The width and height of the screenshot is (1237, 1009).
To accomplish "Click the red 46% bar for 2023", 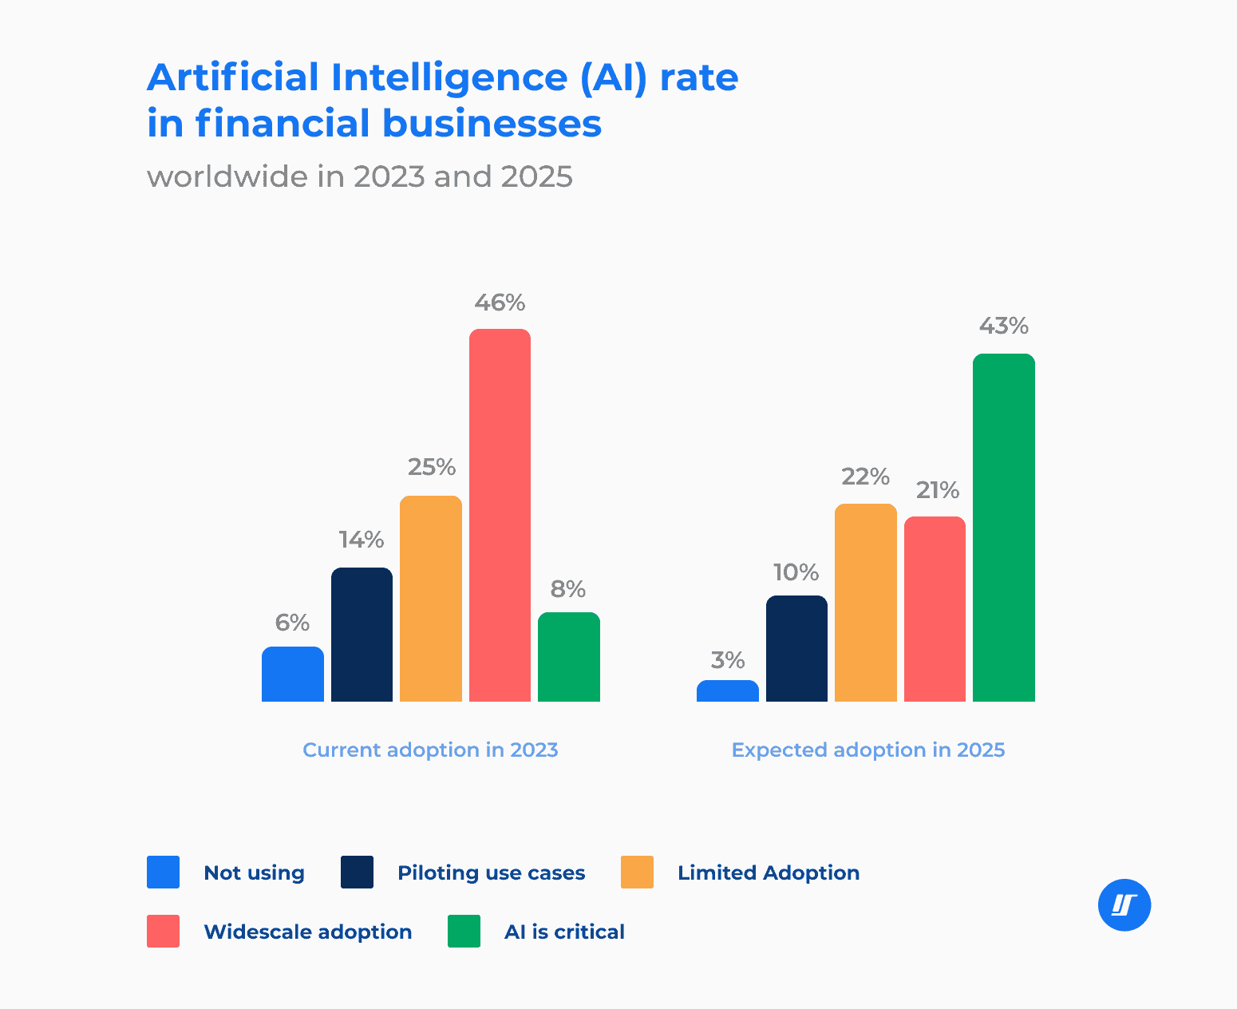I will (x=500, y=515).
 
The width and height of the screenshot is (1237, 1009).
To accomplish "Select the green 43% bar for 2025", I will (x=1003, y=528).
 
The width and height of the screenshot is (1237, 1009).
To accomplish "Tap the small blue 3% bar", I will (x=727, y=690).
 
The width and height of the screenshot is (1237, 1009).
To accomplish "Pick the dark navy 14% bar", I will (x=362, y=635).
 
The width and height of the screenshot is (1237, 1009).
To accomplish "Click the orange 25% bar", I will (x=430, y=599).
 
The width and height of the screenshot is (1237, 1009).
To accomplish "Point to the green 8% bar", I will (x=568, y=657).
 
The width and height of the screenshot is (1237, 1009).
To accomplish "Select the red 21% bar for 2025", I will (x=935, y=609).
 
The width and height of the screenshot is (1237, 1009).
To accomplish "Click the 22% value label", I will (x=865, y=477).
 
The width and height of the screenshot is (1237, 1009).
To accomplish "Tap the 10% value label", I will (x=796, y=572).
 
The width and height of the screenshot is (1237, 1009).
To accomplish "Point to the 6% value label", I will (x=292, y=623).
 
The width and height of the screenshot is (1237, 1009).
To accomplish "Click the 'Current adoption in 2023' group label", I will (x=430, y=750).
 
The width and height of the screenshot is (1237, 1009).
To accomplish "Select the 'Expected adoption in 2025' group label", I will (x=867, y=750).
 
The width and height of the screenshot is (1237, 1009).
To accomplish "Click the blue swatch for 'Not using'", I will (x=163, y=872).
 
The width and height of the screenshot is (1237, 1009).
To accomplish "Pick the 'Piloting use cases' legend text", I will (x=491, y=872).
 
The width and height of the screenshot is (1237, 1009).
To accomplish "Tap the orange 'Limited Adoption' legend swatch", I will (x=637, y=872).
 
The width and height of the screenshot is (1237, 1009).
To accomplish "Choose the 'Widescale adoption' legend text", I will (x=307, y=932).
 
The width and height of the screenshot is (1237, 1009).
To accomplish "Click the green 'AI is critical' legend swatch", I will (x=464, y=932).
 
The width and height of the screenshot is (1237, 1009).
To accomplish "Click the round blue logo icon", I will (x=1124, y=905).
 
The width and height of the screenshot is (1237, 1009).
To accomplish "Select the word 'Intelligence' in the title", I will (x=448, y=78).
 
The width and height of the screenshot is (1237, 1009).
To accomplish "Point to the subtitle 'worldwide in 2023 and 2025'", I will (x=359, y=176).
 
